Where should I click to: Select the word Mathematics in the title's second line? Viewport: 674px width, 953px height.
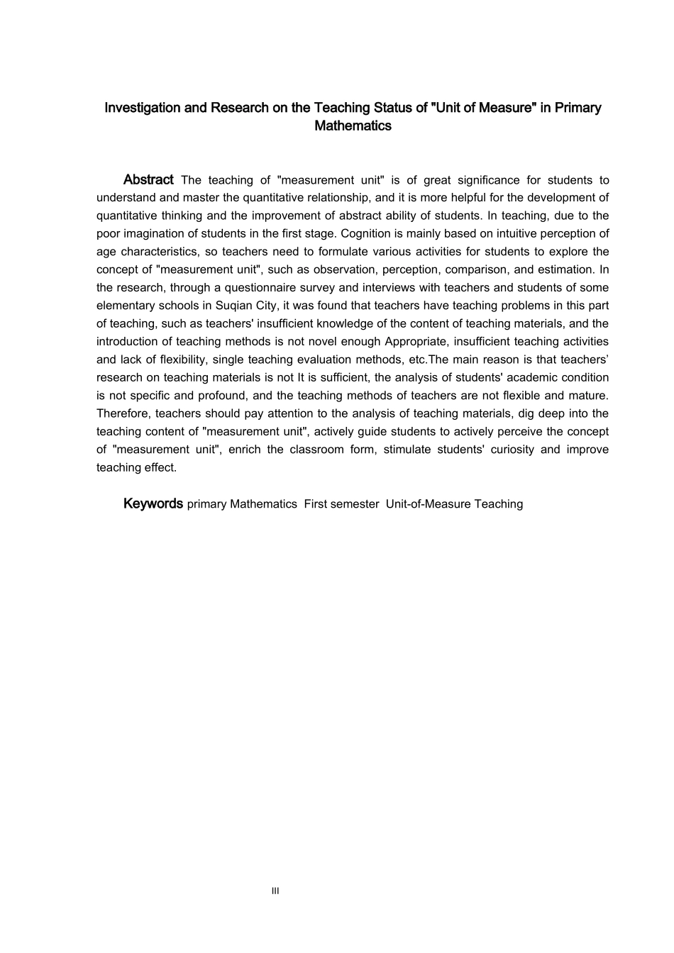[x=353, y=126]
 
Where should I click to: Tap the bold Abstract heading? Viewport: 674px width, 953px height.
[x=148, y=179]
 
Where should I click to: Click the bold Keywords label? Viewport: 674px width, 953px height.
[x=153, y=503]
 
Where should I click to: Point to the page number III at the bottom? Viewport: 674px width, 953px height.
[x=275, y=891]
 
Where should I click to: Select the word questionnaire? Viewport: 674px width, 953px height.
[x=267, y=287]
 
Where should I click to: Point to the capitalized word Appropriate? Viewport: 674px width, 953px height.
[x=416, y=341]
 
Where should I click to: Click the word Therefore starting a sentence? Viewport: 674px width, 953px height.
[x=123, y=413]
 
